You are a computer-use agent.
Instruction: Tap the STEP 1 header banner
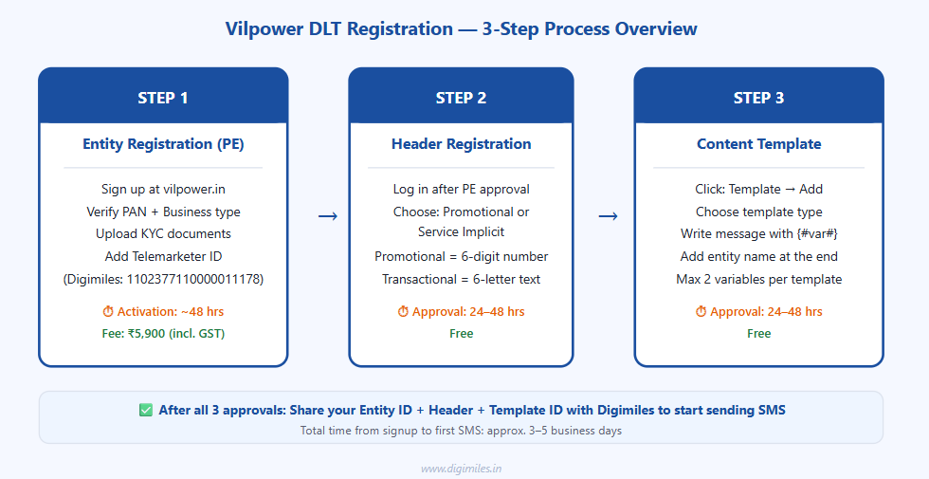(x=163, y=98)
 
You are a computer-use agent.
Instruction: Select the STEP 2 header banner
(x=461, y=98)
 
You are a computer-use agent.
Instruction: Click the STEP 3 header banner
(x=758, y=98)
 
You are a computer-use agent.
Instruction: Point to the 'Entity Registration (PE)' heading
(x=163, y=144)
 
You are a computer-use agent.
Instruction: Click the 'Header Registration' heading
(x=461, y=144)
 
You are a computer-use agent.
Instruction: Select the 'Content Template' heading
(x=758, y=144)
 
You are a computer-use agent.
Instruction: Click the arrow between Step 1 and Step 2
(x=327, y=216)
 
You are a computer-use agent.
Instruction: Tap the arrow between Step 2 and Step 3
(x=609, y=216)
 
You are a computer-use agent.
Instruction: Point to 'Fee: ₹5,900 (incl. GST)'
(x=163, y=333)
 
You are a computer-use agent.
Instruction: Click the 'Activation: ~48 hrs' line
(x=163, y=312)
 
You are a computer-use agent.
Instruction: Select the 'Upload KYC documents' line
(x=163, y=233)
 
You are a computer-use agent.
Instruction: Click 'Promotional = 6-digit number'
(x=461, y=256)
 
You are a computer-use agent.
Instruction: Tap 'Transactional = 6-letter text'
(x=461, y=279)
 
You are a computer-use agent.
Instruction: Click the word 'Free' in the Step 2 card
(x=461, y=333)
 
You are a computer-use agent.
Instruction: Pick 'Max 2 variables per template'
(x=758, y=279)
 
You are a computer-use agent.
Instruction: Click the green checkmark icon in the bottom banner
(x=146, y=411)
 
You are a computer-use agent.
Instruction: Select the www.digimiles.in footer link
(x=461, y=468)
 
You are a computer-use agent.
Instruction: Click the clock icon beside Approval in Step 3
(x=701, y=312)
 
